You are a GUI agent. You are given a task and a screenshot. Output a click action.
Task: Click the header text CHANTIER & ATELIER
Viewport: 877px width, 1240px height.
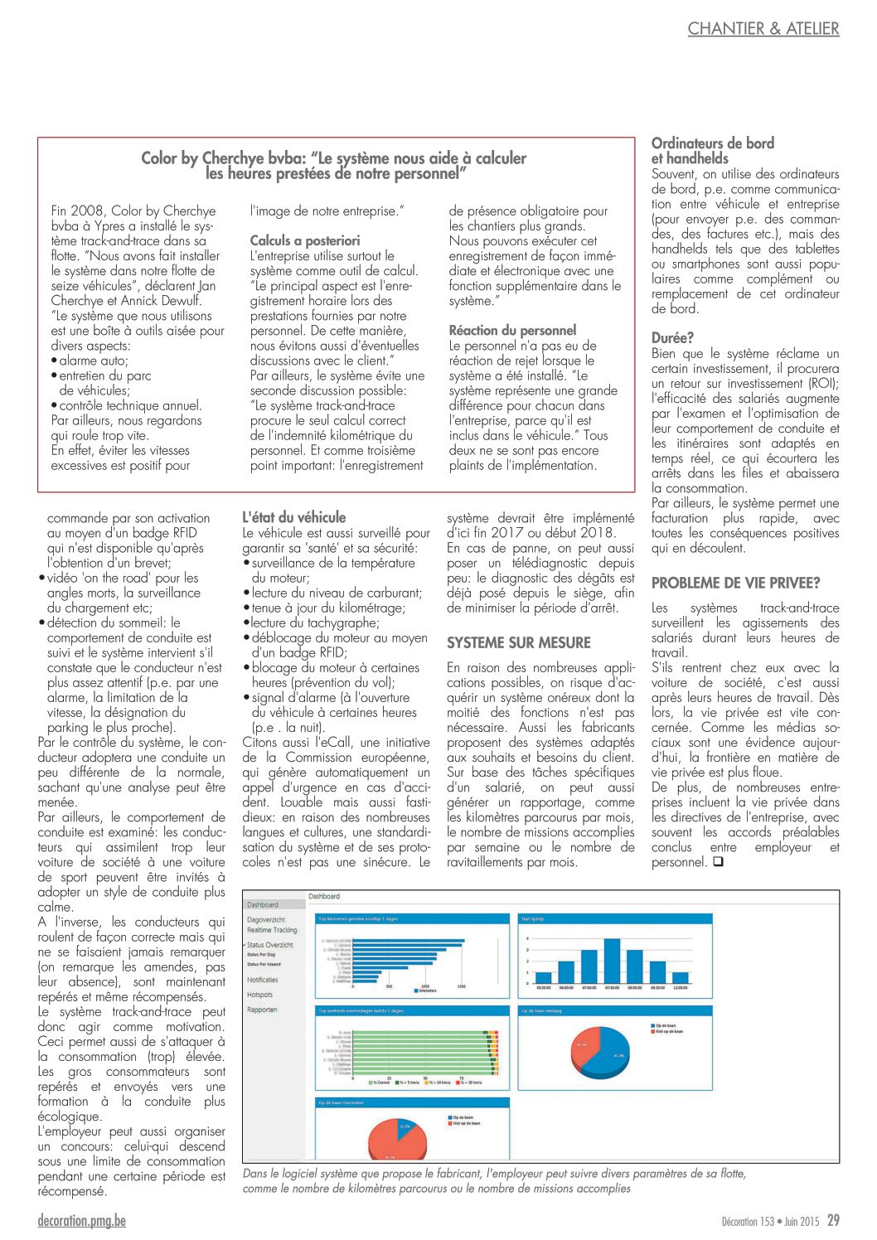click(x=763, y=28)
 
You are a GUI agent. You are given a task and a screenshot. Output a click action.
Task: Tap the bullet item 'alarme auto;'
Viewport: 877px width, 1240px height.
click(x=93, y=361)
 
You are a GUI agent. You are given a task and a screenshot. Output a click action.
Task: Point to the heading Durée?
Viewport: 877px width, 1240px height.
click(x=672, y=337)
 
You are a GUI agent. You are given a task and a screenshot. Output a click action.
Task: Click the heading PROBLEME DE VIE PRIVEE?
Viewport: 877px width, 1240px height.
click(x=735, y=583)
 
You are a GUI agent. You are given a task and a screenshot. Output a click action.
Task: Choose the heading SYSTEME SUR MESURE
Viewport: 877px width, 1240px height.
click(x=518, y=642)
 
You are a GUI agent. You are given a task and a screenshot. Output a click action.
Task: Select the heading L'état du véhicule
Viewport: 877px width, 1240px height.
click(x=293, y=516)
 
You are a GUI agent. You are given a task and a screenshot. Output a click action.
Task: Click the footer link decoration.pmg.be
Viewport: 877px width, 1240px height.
click(x=81, y=1220)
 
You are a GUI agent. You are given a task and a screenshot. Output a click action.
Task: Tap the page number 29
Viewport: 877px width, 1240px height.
click(x=833, y=1220)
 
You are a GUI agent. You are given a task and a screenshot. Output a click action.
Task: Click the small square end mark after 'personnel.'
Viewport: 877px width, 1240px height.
click(x=718, y=862)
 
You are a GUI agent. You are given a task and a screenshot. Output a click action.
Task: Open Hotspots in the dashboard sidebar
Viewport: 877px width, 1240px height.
click(x=259, y=995)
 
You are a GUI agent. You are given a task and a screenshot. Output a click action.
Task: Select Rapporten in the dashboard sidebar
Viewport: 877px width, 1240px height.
click(x=262, y=1010)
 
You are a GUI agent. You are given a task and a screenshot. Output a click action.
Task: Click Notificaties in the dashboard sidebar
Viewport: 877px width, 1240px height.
click(x=262, y=980)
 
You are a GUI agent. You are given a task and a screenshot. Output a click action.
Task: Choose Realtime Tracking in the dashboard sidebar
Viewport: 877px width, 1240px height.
click(x=271, y=930)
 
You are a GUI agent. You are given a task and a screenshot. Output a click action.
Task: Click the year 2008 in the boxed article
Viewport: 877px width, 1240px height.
click(x=87, y=211)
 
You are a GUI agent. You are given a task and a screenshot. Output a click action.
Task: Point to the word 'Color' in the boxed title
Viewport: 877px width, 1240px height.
click(x=159, y=158)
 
